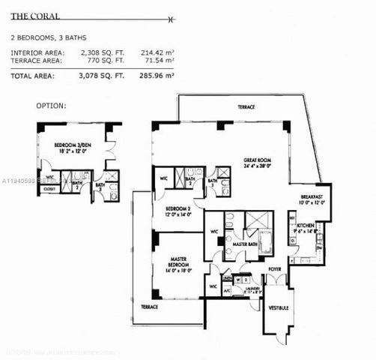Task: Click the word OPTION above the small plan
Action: pyautogui.click(x=50, y=106)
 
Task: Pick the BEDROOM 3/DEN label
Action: pyautogui.click(x=73, y=145)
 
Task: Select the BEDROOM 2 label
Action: pyautogui.click(x=179, y=208)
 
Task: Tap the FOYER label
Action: pyautogui.click(x=276, y=268)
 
